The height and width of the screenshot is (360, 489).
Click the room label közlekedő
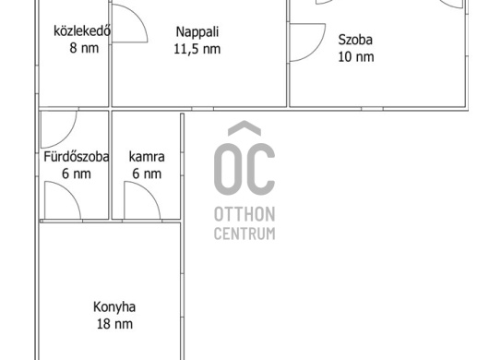point(82,31)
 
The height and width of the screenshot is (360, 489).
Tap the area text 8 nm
point(84,48)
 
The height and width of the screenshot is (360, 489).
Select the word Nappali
point(197,32)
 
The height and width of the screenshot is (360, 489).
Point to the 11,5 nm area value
point(197,49)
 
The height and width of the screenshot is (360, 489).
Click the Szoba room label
point(355,40)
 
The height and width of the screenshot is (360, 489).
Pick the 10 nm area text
point(356,57)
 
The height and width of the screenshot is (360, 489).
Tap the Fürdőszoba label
point(77,157)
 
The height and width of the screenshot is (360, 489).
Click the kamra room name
point(147,157)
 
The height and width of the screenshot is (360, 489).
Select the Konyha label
point(114,307)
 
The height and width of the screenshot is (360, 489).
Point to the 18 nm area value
point(114,324)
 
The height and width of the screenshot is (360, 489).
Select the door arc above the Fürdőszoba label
point(70,135)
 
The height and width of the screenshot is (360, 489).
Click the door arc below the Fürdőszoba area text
point(70,191)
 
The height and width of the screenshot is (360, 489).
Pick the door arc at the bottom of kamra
point(149,191)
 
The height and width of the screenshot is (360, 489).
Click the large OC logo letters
point(244,169)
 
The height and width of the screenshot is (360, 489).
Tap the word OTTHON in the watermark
point(244,214)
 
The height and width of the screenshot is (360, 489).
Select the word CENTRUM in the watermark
point(244,234)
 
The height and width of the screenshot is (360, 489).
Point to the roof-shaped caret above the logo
point(244,126)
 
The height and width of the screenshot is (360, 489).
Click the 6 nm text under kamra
point(147,174)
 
